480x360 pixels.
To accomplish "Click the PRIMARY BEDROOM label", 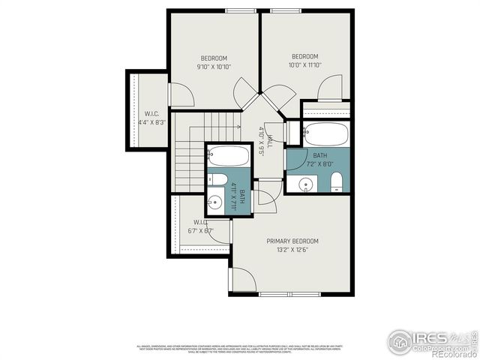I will tap(292, 241).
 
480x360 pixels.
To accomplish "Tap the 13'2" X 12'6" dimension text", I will tap(292, 250).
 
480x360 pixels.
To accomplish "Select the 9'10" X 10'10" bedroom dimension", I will tap(214, 67).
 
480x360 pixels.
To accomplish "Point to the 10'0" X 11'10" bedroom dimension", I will tap(304, 65).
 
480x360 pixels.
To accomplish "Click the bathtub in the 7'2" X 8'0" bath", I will tap(326, 135).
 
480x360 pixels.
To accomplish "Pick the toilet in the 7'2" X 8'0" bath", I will tap(337, 181).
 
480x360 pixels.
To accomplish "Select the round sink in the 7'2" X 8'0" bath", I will tap(307, 184).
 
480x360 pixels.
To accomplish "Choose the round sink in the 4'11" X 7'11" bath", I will tap(215, 201).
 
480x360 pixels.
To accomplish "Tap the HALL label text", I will tap(262, 137).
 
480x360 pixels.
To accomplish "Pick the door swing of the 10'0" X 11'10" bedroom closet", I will tap(330, 88).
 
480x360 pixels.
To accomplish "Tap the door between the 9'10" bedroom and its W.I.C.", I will tap(181, 94).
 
